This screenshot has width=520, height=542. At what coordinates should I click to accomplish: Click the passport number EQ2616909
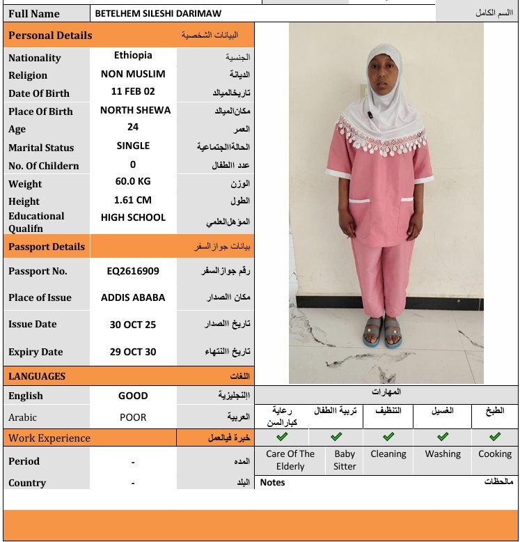pos(133,271)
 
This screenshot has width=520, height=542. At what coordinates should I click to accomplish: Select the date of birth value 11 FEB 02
pos(133,91)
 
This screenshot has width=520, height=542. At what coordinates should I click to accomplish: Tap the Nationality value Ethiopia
pos(133,55)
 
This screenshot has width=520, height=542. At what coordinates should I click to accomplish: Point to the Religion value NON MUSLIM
pos(133,73)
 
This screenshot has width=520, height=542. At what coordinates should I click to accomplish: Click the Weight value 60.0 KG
pos(133,181)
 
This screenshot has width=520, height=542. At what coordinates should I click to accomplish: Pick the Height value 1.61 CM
pos(133,199)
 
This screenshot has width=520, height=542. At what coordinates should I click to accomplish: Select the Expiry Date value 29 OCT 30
pos(133,352)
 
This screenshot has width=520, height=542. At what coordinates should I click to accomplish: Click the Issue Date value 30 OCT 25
pos(133,324)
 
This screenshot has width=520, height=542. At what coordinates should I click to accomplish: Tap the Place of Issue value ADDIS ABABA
pos(133,297)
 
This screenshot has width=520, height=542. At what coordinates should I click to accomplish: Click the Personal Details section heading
pos(50,35)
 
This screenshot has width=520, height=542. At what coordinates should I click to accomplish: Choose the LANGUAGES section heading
pos(37,376)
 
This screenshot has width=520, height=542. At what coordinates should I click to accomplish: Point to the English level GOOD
pos(133,396)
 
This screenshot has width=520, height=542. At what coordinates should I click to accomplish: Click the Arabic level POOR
pos(133,417)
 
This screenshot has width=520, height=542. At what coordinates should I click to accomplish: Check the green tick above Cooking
pos(495,437)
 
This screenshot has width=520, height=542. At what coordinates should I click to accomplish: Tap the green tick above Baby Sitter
pos(336,437)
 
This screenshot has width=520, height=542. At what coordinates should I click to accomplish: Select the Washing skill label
pos(443,454)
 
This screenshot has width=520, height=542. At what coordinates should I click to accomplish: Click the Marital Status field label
pos(41,148)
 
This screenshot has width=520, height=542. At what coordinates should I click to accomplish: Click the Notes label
pos(272,482)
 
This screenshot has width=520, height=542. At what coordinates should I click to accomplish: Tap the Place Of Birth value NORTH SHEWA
pos(135,109)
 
